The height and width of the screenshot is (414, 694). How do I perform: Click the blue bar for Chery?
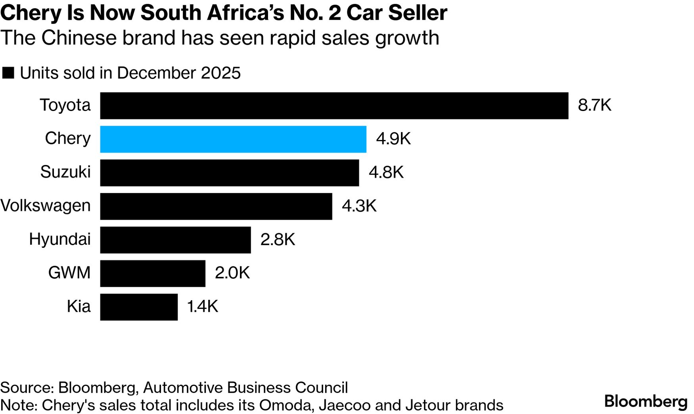[233, 139]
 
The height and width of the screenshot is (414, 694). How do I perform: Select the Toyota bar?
[334, 105]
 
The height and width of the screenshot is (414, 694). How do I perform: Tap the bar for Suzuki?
[229, 173]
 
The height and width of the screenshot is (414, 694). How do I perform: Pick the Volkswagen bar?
[216, 206]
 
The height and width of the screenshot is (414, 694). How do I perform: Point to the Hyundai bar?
[175, 240]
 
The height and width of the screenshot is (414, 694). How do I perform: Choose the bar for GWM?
[153, 273]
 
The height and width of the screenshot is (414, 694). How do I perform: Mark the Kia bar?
[139, 307]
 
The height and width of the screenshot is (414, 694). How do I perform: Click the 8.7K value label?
[594, 105]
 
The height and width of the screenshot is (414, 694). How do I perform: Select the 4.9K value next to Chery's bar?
[393, 139]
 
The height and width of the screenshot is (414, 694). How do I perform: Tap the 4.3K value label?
[359, 206]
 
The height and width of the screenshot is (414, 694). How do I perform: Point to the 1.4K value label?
[202, 307]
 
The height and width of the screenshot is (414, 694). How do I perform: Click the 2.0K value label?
[232, 273]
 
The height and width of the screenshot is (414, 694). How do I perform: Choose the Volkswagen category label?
[46, 206]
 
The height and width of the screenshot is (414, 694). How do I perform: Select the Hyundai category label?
[60, 240]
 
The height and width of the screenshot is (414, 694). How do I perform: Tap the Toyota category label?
[65, 105]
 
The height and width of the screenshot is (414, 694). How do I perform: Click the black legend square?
[8, 73]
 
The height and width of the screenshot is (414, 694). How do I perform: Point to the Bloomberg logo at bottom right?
[646, 401]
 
